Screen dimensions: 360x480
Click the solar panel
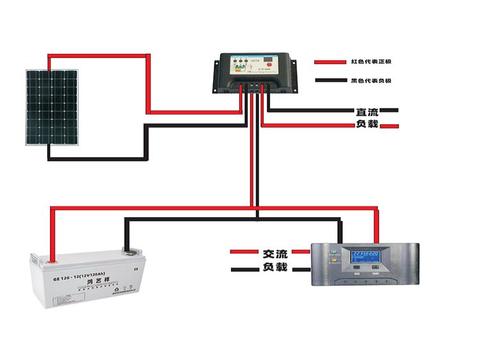(x=51, y=107)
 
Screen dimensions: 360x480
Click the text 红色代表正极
(x=371, y=62)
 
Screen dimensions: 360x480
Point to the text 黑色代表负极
(x=371, y=81)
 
